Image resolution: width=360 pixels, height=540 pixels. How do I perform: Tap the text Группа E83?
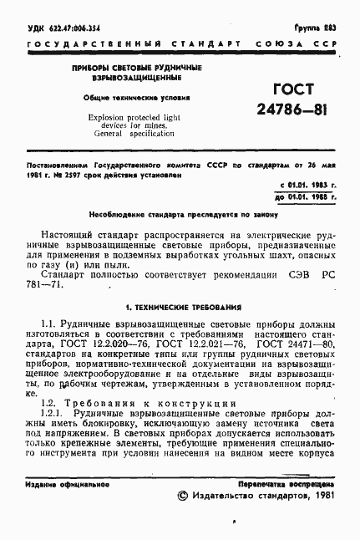tap(316, 28)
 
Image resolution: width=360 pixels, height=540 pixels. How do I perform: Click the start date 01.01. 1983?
tap(304, 183)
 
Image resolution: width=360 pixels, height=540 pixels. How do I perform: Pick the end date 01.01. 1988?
tap(304, 196)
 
